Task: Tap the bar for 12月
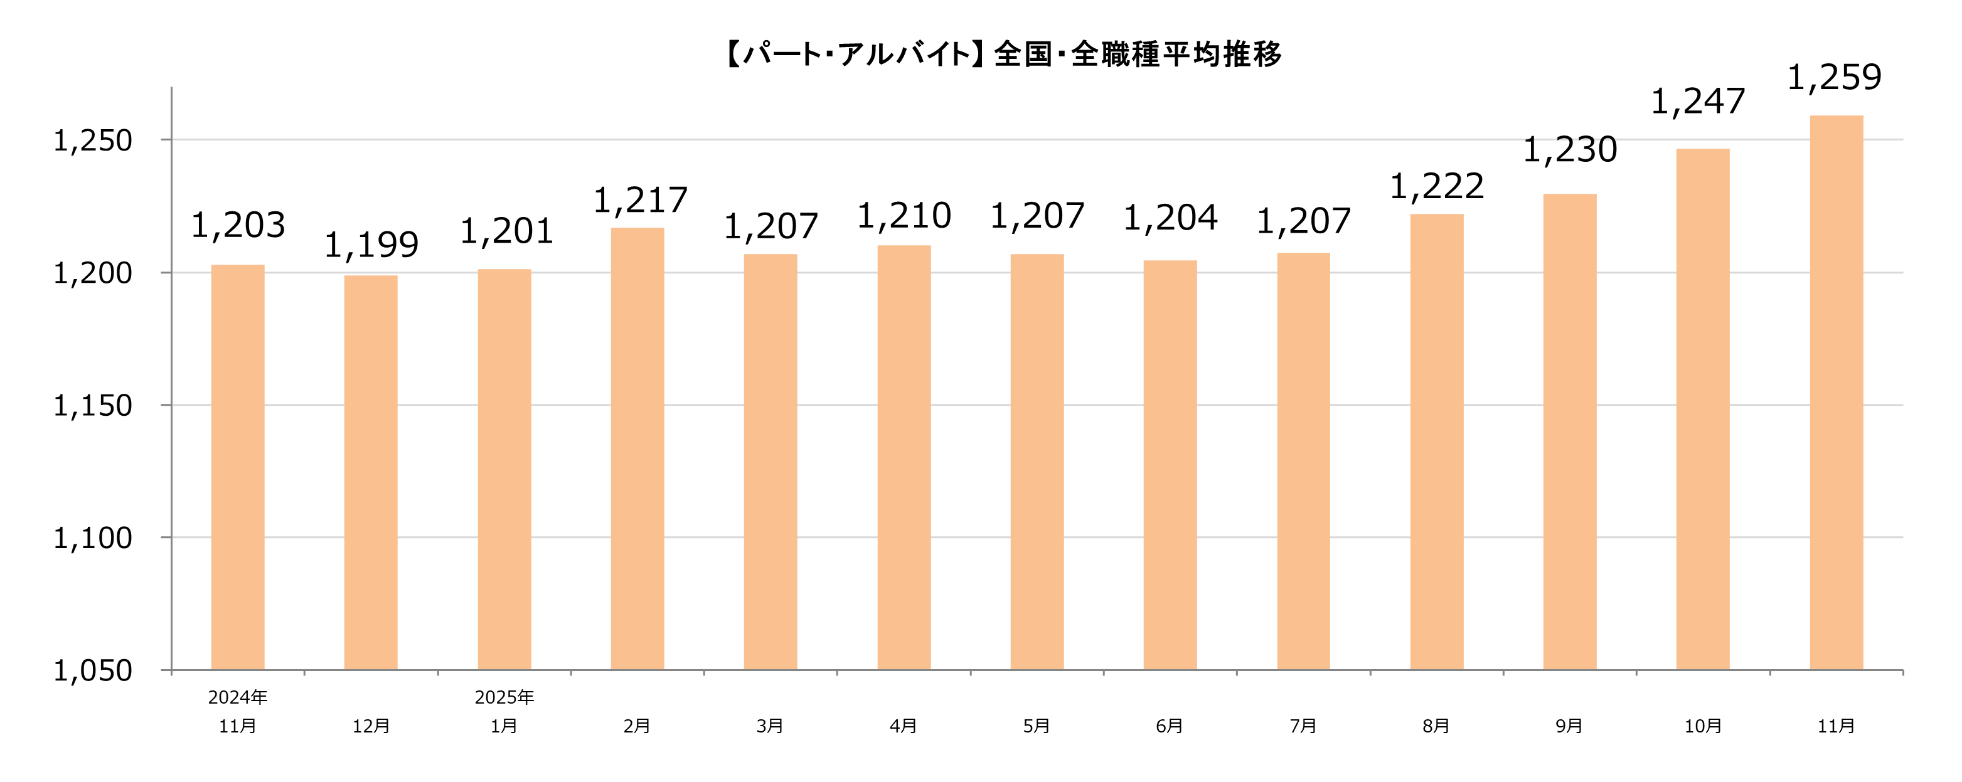(x=371, y=472)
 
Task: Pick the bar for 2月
(x=637, y=448)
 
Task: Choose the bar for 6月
(x=1170, y=465)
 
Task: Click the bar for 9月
(x=1570, y=431)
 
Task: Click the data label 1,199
(x=371, y=245)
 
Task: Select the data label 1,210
(x=904, y=216)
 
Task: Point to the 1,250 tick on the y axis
(x=92, y=141)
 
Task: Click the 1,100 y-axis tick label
(x=92, y=538)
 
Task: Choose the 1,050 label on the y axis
(x=92, y=671)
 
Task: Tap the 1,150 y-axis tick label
(x=92, y=406)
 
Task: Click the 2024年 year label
(x=238, y=697)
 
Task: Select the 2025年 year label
(x=504, y=697)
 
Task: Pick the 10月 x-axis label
(x=1703, y=726)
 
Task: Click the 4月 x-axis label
(x=904, y=726)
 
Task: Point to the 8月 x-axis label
(x=1436, y=726)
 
